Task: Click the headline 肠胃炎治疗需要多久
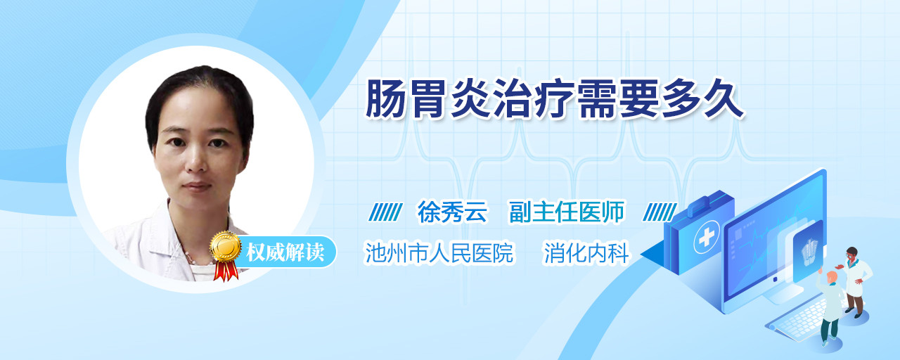tap(555, 99)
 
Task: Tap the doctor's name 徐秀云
tap(452, 212)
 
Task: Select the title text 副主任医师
tap(567, 212)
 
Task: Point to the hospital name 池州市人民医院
tap(439, 252)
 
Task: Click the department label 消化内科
tap(586, 253)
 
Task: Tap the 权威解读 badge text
tap(285, 252)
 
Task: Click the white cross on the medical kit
tap(707, 238)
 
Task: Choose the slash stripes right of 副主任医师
tap(660, 212)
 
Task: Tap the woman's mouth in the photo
tap(198, 186)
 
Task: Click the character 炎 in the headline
tap(470, 99)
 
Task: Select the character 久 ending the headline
tap(724, 99)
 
